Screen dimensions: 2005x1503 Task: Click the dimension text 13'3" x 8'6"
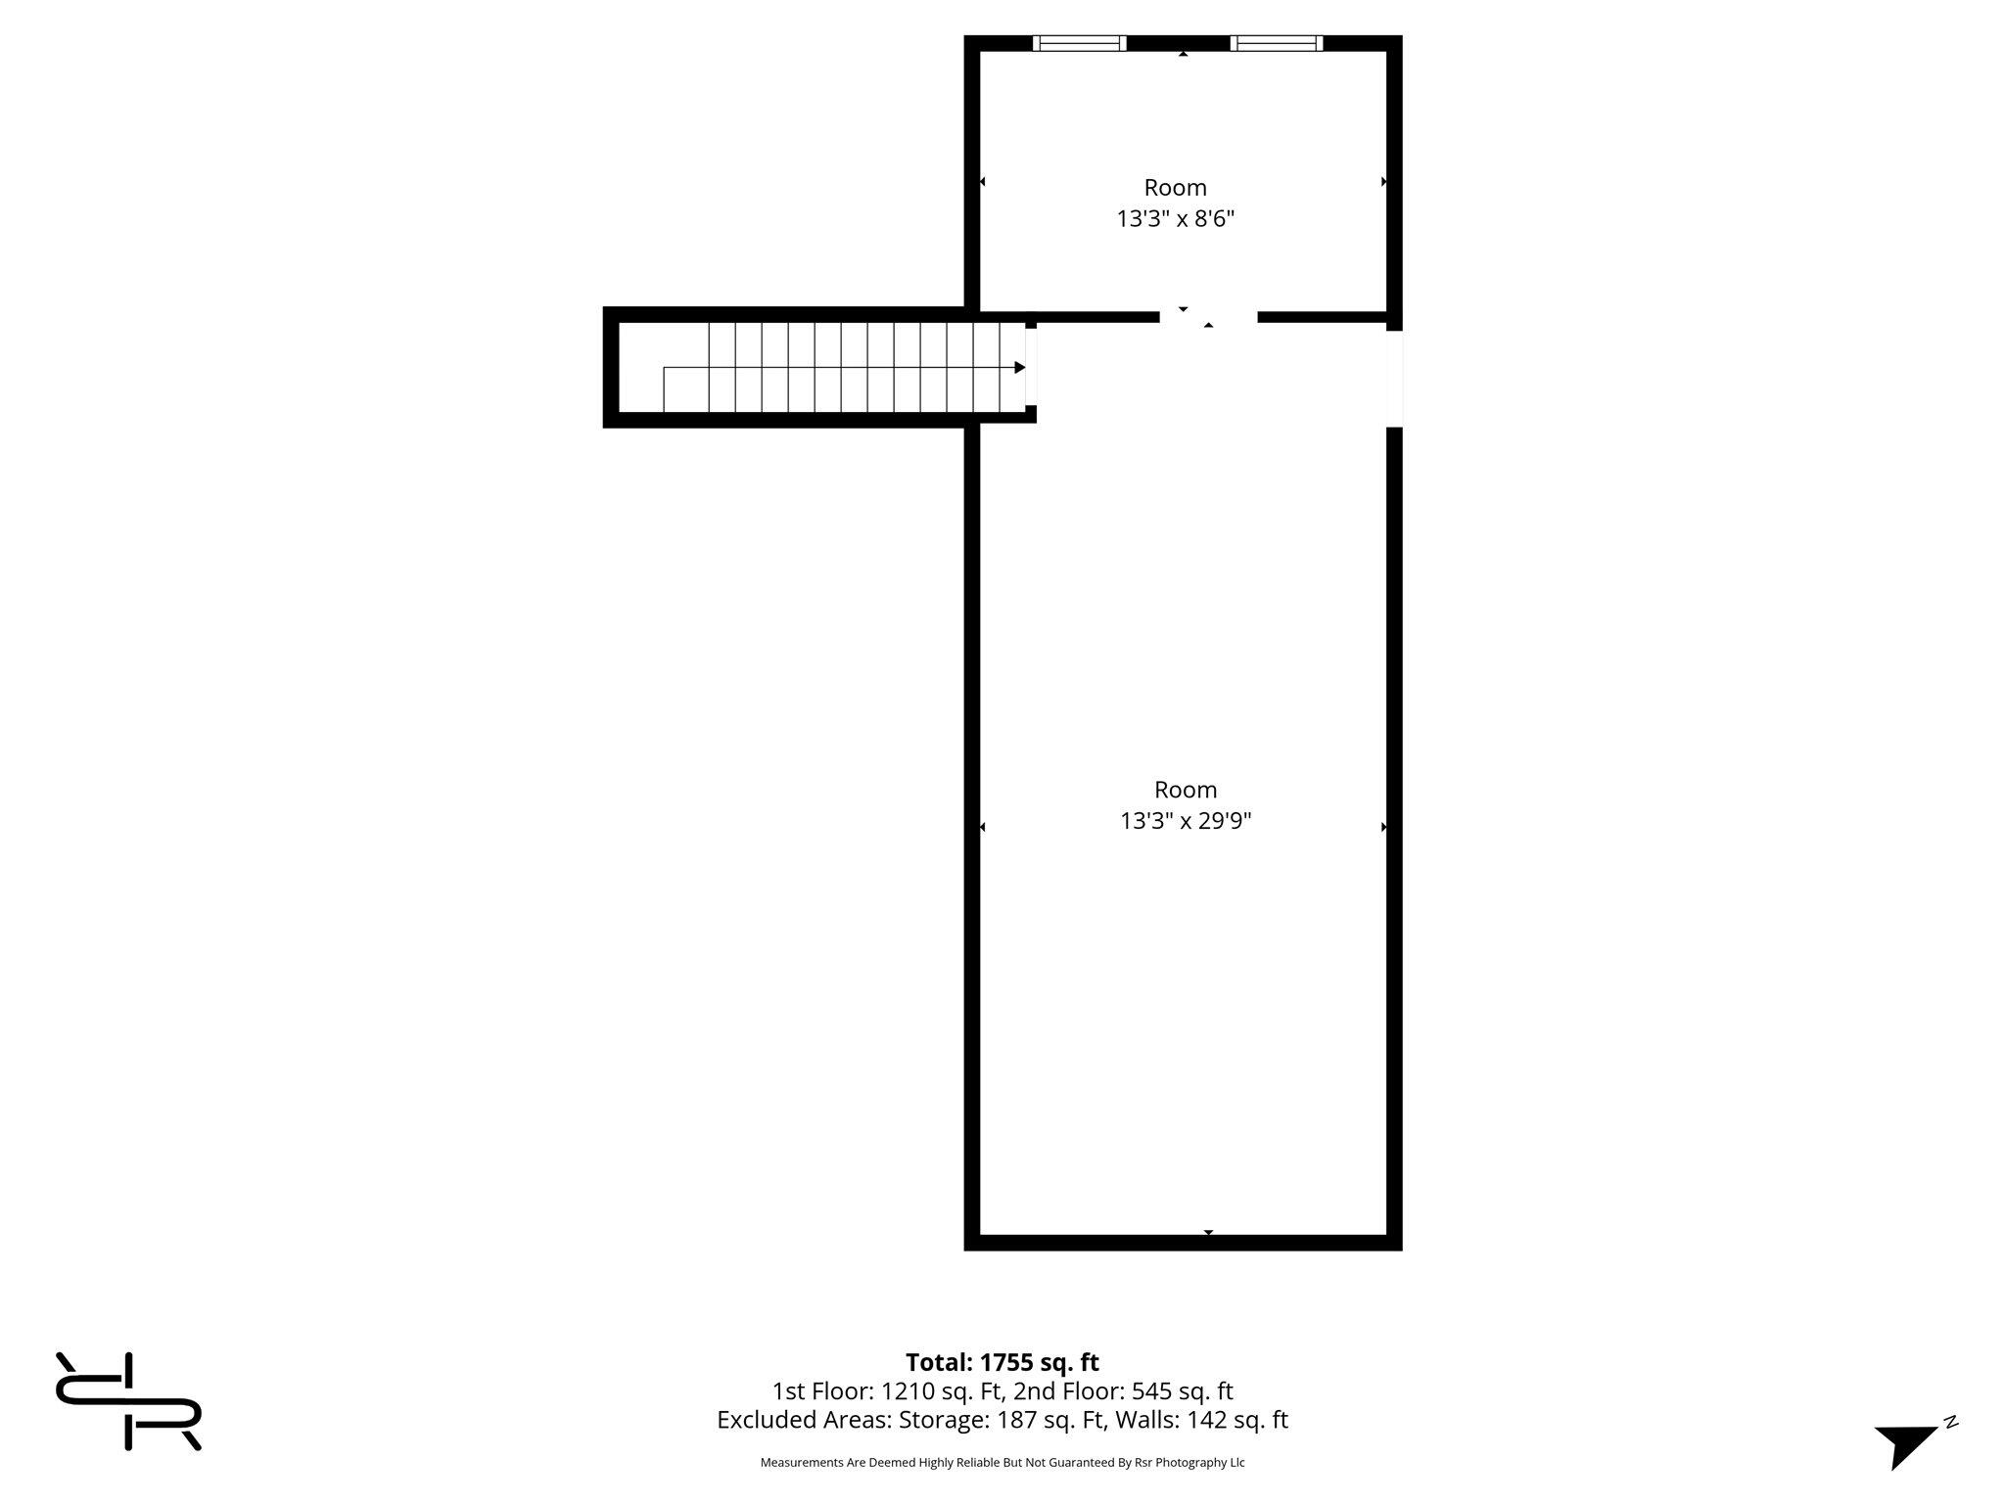click(1175, 218)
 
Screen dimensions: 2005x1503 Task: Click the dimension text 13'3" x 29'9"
click(1186, 820)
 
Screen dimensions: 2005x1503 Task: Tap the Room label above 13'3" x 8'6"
click(1175, 187)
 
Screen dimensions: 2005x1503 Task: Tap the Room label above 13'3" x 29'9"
click(1186, 789)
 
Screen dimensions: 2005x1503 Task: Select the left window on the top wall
click(1080, 43)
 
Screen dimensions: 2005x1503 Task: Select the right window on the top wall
click(1277, 43)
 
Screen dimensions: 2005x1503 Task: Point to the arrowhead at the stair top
click(1020, 368)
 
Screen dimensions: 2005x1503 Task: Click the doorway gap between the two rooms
click(1208, 317)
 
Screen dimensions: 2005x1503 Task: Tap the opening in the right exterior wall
click(1394, 379)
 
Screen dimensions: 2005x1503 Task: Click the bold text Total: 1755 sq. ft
click(1002, 1362)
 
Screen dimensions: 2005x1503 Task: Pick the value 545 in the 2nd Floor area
click(1151, 1390)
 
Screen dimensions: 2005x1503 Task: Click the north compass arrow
click(1906, 1444)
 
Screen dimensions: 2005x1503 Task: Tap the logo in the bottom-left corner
click(128, 1401)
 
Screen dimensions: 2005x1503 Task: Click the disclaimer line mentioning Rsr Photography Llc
click(1002, 1462)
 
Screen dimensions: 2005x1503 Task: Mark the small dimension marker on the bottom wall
click(1208, 1232)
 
